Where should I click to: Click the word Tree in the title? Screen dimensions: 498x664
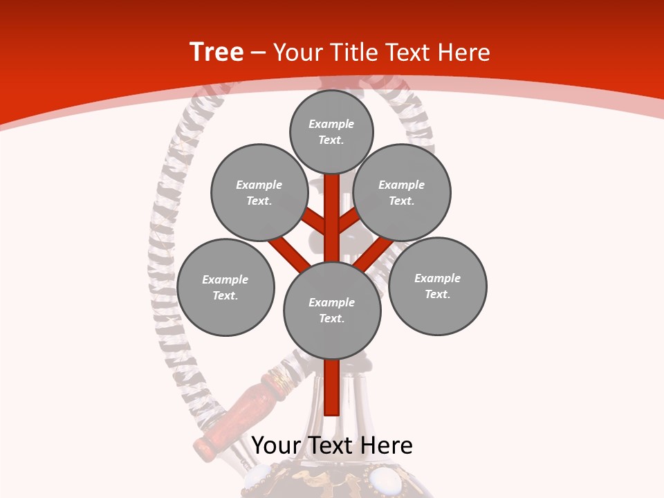(216, 53)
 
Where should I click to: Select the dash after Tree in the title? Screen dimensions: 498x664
(258, 53)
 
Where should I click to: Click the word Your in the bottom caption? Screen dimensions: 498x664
(275, 445)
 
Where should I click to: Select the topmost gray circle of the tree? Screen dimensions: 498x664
(331, 131)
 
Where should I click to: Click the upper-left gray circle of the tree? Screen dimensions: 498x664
(259, 192)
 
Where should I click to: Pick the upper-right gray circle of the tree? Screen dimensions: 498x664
(402, 192)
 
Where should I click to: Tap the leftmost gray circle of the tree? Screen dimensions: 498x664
(225, 287)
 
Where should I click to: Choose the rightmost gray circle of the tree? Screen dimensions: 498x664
(437, 286)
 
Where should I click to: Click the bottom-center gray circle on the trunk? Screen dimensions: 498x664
(332, 310)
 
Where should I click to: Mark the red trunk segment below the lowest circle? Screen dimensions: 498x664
(332, 387)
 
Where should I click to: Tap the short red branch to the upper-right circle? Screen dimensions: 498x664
(348, 221)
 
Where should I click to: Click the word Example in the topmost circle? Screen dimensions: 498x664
(331, 124)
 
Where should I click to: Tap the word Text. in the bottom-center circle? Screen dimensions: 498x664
(331, 318)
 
